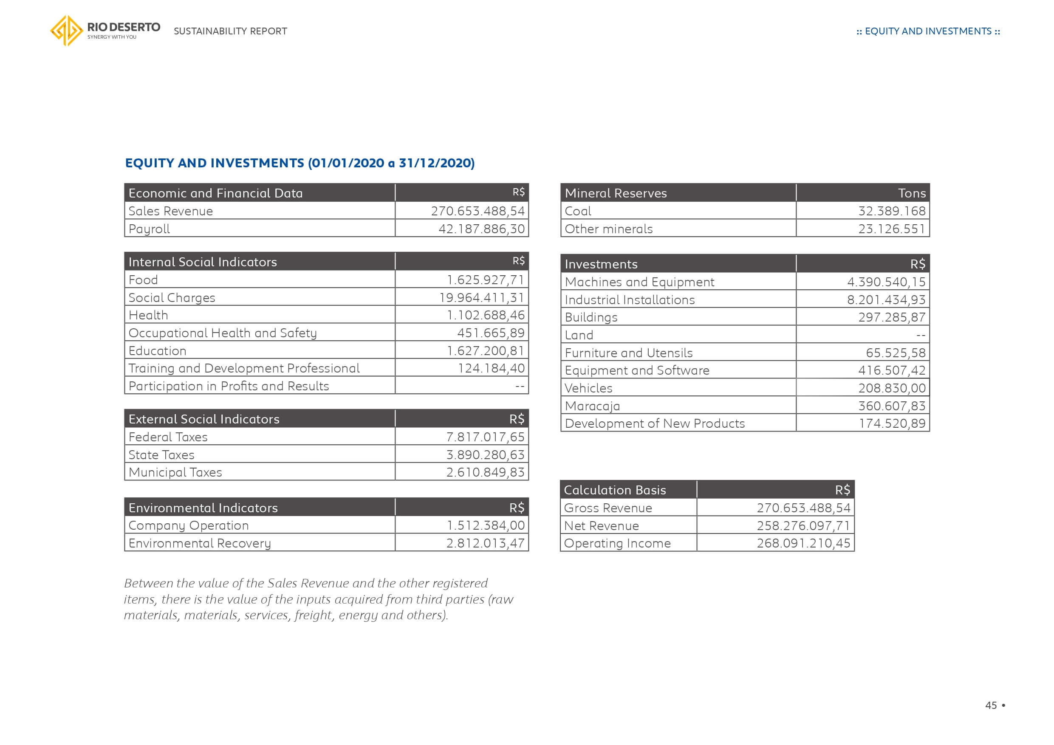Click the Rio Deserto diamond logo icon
click(67, 31)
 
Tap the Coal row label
click(578, 211)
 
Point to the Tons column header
click(912, 193)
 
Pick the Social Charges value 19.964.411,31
click(482, 297)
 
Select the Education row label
click(158, 351)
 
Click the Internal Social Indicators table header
click(203, 262)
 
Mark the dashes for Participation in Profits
click(519, 387)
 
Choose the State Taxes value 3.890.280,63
click(485, 454)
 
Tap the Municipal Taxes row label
click(175, 472)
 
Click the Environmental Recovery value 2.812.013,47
click(485, 543)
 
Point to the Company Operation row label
click(189, 525)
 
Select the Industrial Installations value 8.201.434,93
click(886, 300)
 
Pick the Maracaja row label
click(592, 406)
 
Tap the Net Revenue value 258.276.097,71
click(803, 525)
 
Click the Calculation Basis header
click(615, 490)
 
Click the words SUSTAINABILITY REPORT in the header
click(230, 31)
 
